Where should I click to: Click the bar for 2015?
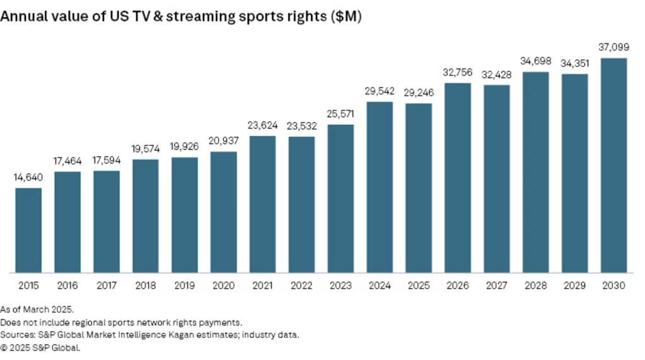28,231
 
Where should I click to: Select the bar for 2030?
613,166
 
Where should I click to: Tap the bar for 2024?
380,187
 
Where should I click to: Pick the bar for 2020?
224,212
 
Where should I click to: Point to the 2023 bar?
340,199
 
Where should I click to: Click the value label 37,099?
613,47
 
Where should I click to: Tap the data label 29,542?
380,91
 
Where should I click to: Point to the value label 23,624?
262,125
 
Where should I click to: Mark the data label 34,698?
536,61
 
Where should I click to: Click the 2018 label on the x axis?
146,286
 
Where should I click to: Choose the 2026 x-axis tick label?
458,286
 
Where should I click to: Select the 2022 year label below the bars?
301,286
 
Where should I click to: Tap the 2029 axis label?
574,286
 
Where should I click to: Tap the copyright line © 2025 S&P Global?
40,347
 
